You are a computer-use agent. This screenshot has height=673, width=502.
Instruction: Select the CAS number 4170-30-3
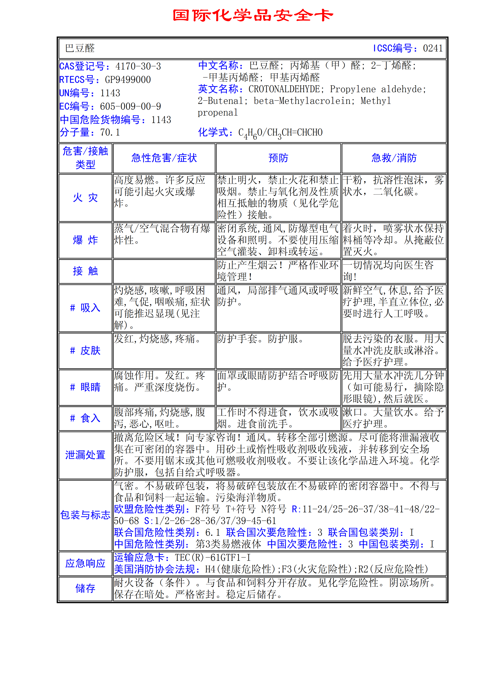click(x=138, y=66)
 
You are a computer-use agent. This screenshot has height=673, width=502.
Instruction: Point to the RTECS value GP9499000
click(x=128, y=80)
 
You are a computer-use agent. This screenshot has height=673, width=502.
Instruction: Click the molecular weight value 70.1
click(x=110, y=132)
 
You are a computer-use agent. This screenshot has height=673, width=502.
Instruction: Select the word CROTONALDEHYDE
click(x=284, y=89)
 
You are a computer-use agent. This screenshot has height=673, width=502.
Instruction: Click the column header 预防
click(x=278, y=158)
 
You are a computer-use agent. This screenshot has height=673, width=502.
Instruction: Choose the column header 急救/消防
click(x=394, y=158)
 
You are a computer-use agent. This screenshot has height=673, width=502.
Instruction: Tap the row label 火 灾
click(x=85, y=198)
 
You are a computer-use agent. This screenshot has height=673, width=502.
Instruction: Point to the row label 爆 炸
click(x=85, y=240)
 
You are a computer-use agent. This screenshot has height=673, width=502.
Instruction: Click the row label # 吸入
click(x=85, y=308)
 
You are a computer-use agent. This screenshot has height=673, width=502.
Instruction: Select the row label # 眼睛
click(x=85, y=387)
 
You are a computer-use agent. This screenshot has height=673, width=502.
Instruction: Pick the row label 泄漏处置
click(x=85, y=455)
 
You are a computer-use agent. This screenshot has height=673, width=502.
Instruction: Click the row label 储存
click(x=85, y=589)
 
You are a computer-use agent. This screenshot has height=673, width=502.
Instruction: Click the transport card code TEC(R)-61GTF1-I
click(x=213, y=558)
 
